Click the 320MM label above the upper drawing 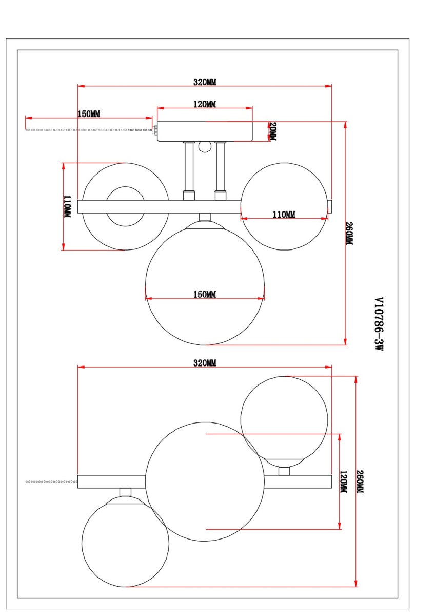[205, 82]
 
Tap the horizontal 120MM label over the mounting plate [205, 104]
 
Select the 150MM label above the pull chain [89, 114]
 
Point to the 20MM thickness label [273, 131]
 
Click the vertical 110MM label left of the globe [67, 206]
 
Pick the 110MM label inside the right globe [284, 214]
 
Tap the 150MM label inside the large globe [205, 295]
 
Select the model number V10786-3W [379, 324]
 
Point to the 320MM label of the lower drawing [205, 363]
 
